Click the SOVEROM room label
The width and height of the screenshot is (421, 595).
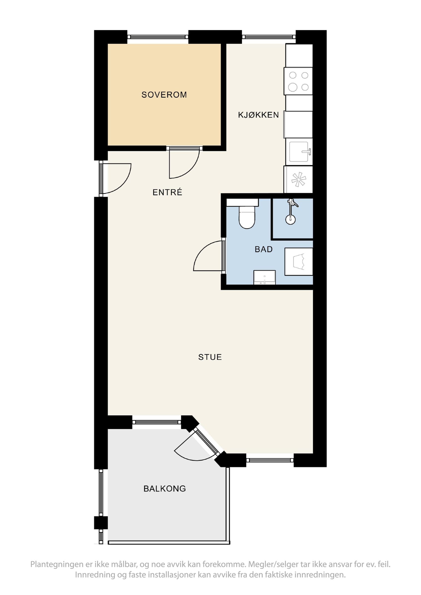point(164,95)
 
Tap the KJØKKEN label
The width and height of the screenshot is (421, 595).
point(258,115)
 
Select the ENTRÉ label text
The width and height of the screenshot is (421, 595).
point(167,192)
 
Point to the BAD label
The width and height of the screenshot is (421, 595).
point(264,249)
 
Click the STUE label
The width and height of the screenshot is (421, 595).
point(210,357)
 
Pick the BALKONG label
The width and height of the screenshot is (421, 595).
point(165,489)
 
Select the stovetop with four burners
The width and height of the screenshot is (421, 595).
point(298,81)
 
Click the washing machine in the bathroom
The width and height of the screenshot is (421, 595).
point(299,262)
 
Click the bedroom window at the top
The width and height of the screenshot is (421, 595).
point(158,37)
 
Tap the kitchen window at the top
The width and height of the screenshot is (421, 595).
point(269,37)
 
